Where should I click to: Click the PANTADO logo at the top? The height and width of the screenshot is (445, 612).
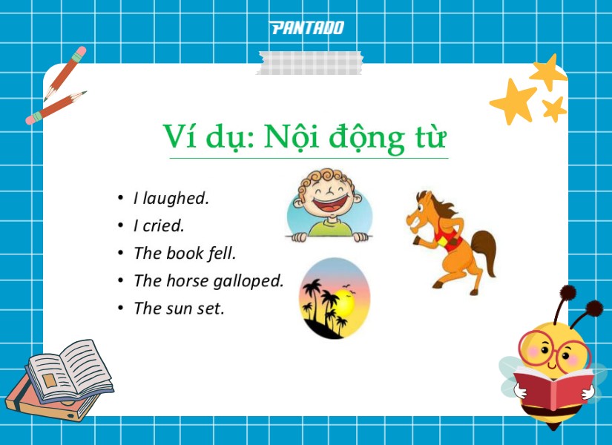click(306, 28)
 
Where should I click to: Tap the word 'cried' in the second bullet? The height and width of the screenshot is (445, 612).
click(162, 225)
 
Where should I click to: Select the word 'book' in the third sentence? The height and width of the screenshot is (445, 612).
click(184, 253)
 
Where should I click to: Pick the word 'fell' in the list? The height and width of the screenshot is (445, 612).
click(221, 253)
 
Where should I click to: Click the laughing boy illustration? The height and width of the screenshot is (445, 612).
click(329, 205)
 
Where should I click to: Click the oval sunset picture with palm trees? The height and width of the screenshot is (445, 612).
click(334, 298)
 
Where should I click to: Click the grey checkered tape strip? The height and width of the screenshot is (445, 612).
click(309, 62)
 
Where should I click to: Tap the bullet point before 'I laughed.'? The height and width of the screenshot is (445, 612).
click(120, 198)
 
